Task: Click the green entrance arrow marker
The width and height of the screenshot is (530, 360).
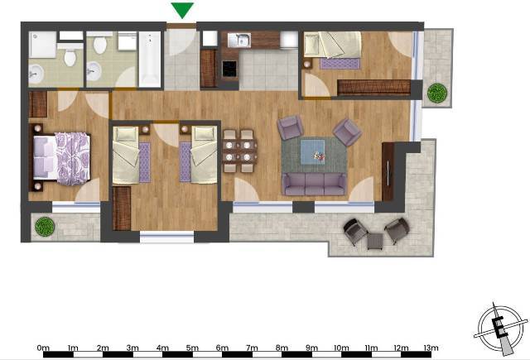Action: tap(182, 9)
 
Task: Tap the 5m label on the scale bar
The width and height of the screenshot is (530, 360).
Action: tap(192, 348)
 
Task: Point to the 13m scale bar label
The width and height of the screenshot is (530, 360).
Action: tap(431, 348)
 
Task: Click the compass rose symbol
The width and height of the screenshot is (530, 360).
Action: tap(501, 329)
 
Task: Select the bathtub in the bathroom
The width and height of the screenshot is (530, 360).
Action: tap(150, 59)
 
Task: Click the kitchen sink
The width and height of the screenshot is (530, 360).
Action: tap(239, 40)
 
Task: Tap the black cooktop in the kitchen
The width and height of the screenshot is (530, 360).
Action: tap(229, 68)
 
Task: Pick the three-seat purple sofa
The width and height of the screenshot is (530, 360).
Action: tap(314, 184)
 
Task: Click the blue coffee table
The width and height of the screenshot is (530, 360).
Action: tap(313, 152)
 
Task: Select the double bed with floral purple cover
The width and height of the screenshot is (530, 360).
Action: tap(61, 158)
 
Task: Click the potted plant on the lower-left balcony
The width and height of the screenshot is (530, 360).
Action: tap(45, 226)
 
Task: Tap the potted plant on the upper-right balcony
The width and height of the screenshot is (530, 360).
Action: tap(437, 93)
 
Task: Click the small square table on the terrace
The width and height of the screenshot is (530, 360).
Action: tap(375, 242)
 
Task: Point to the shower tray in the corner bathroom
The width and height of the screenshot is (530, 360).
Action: tap(42, 45)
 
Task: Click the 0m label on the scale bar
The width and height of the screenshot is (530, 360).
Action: tap(43, 348)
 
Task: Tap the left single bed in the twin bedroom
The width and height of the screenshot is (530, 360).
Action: tap(126, 155)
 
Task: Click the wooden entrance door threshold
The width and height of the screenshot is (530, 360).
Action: tap(181, 26)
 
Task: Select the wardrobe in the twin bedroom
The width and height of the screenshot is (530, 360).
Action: tap(122, 209)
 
